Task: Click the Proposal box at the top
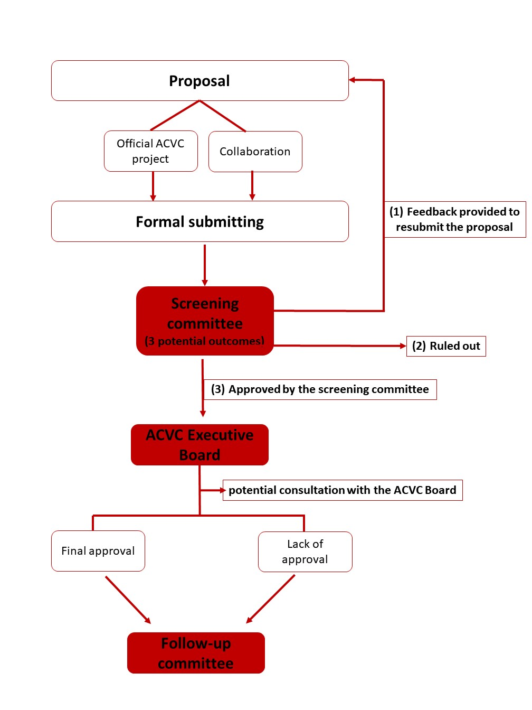click(x=199, y=81)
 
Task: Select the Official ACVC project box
click(x=150, y=151)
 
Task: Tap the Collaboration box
click(x=255, y=152)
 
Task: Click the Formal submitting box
click(x=199, y=221)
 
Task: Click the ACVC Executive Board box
click(x=199, y=445)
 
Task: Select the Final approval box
click(x=98, y=551)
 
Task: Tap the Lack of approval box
click(x=305, y=552)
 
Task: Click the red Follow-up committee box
click(x=196, y=653)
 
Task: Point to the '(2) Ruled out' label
click(x=446, y=346)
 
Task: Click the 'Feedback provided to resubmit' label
click(x=454, y=219)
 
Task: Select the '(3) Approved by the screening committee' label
click(x=320, y=389)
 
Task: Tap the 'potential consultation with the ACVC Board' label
click(x=342, y=490)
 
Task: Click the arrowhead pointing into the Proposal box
click(x=353, y=80)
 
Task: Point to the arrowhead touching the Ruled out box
click(x=403, y=346)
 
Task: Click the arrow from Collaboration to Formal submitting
click(x=252, y=186)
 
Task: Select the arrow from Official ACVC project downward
click(x=153, y=186)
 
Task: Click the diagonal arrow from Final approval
click(x=128, y=600)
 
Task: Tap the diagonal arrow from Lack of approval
click(x=270, y=599)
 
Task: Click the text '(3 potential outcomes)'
click(x=205, y=341)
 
